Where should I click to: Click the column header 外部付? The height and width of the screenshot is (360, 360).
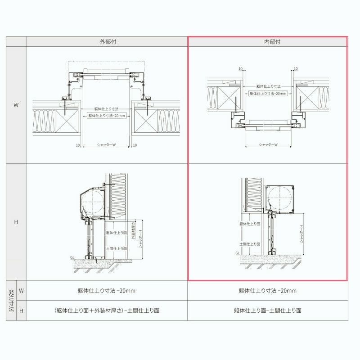click(107, 41)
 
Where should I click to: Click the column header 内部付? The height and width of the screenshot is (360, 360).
click(268, 41)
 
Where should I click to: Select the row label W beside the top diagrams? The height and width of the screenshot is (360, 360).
click(16, 105)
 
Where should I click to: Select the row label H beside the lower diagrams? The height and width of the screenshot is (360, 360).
click(16, 222)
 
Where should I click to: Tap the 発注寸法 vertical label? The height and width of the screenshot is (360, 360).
click(11, 301)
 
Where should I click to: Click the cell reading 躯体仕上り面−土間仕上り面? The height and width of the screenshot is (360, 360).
click(268, 310)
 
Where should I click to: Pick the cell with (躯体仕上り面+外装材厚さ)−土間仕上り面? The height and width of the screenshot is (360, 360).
click(107, 310)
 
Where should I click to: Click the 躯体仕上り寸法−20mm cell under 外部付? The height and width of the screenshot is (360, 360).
click(107, 291)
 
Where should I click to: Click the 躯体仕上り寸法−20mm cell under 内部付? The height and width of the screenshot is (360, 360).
click(268, 291)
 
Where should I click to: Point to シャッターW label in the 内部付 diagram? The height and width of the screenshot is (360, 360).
click(268, 145)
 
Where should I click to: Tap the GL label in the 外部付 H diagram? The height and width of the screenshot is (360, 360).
click(72, 258)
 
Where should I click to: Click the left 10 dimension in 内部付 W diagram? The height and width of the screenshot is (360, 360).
click(241, 69)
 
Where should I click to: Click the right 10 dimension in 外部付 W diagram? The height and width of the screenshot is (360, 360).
click(135, 145)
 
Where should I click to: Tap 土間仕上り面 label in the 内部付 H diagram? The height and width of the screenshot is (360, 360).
click(249, 243)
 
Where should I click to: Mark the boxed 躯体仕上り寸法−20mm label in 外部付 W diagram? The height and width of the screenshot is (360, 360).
click(107, 116)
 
